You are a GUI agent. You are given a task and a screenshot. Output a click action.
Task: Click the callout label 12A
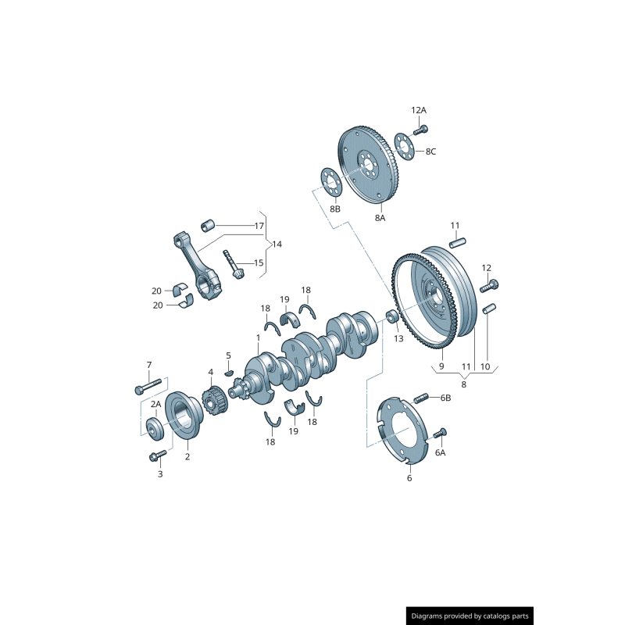[419, 110]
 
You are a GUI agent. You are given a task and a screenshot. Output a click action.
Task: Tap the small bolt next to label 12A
[423, 129]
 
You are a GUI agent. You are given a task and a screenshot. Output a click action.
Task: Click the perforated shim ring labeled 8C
[403, 145]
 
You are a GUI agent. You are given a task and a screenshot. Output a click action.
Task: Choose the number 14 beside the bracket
[277, 244]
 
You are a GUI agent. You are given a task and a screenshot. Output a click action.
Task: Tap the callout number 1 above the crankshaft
[258, 337]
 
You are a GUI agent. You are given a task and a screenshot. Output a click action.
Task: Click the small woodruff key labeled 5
[230, 371]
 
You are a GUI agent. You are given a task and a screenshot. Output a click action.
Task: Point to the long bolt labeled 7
[148, 385]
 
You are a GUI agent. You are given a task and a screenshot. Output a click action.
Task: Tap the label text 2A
[156, 404]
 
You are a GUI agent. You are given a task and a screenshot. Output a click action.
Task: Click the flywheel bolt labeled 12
[492, 284]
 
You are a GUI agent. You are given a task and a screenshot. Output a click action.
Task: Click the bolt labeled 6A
[440, 433]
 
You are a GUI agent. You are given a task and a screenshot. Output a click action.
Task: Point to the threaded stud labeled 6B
[422, 398]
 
